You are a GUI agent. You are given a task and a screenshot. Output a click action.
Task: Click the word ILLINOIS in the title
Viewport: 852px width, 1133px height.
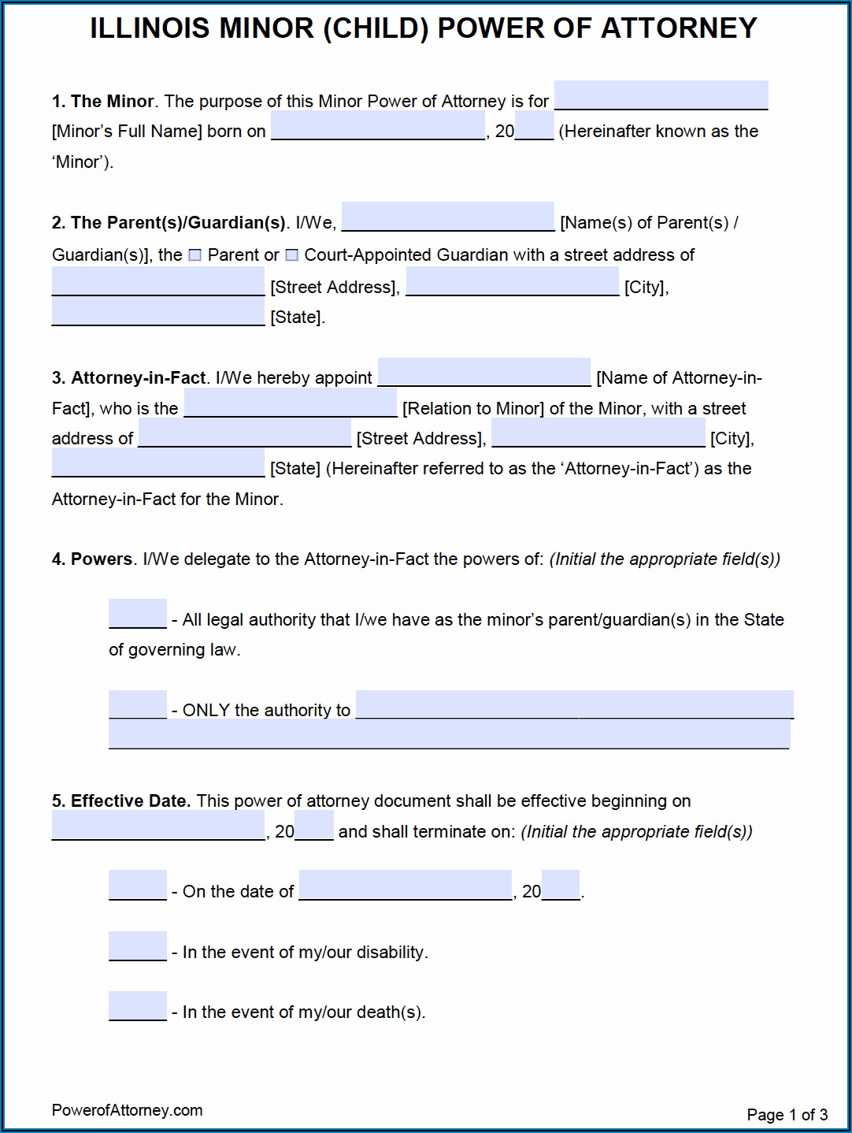tap(150, 29)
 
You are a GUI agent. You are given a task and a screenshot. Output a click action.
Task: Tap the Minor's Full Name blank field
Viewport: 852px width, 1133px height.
tap(661, 96)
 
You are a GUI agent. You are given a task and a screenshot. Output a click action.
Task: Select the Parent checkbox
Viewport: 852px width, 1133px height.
tap(195, 255)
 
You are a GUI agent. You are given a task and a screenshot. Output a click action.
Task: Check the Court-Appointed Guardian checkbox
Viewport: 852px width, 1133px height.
tap(292, 255)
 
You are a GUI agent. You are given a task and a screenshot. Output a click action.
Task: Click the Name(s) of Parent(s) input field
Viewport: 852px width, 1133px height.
tap(448, 217)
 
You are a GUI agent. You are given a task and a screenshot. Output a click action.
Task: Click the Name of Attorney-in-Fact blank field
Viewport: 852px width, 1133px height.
tap(484, 373)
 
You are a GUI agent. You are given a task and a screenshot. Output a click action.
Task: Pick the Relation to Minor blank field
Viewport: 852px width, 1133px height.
tap(291, 403)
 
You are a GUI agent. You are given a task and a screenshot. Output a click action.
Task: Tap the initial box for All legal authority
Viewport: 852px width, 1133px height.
tap(138, 614)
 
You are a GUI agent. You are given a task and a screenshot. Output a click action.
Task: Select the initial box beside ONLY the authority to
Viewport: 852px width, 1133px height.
tap(138, 704)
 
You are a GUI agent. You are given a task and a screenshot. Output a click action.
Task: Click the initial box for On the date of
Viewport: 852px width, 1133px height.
tap(138, 886)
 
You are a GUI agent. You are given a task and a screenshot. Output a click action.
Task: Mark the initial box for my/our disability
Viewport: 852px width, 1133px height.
tap(138, 946)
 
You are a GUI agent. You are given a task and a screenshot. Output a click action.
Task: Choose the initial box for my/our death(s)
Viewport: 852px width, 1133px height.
tap(138, 1006)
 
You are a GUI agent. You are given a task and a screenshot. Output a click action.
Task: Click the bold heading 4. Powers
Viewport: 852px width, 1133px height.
tap(92, 559)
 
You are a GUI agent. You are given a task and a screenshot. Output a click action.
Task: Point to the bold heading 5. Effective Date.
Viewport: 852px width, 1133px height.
tap(121, 801)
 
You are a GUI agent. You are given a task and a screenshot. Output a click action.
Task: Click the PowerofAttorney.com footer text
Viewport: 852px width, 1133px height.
tap(128, 1110)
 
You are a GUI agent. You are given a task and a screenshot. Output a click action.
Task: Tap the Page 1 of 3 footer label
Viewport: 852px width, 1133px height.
tap(787, 1115)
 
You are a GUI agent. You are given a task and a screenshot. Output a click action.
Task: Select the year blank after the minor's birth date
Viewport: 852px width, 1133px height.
tap(535, 127)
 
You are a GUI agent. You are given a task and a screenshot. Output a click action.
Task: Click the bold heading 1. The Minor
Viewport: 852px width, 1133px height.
tap(103, 102)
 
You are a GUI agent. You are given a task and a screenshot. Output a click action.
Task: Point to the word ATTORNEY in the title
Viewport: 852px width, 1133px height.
tap(679, 29)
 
